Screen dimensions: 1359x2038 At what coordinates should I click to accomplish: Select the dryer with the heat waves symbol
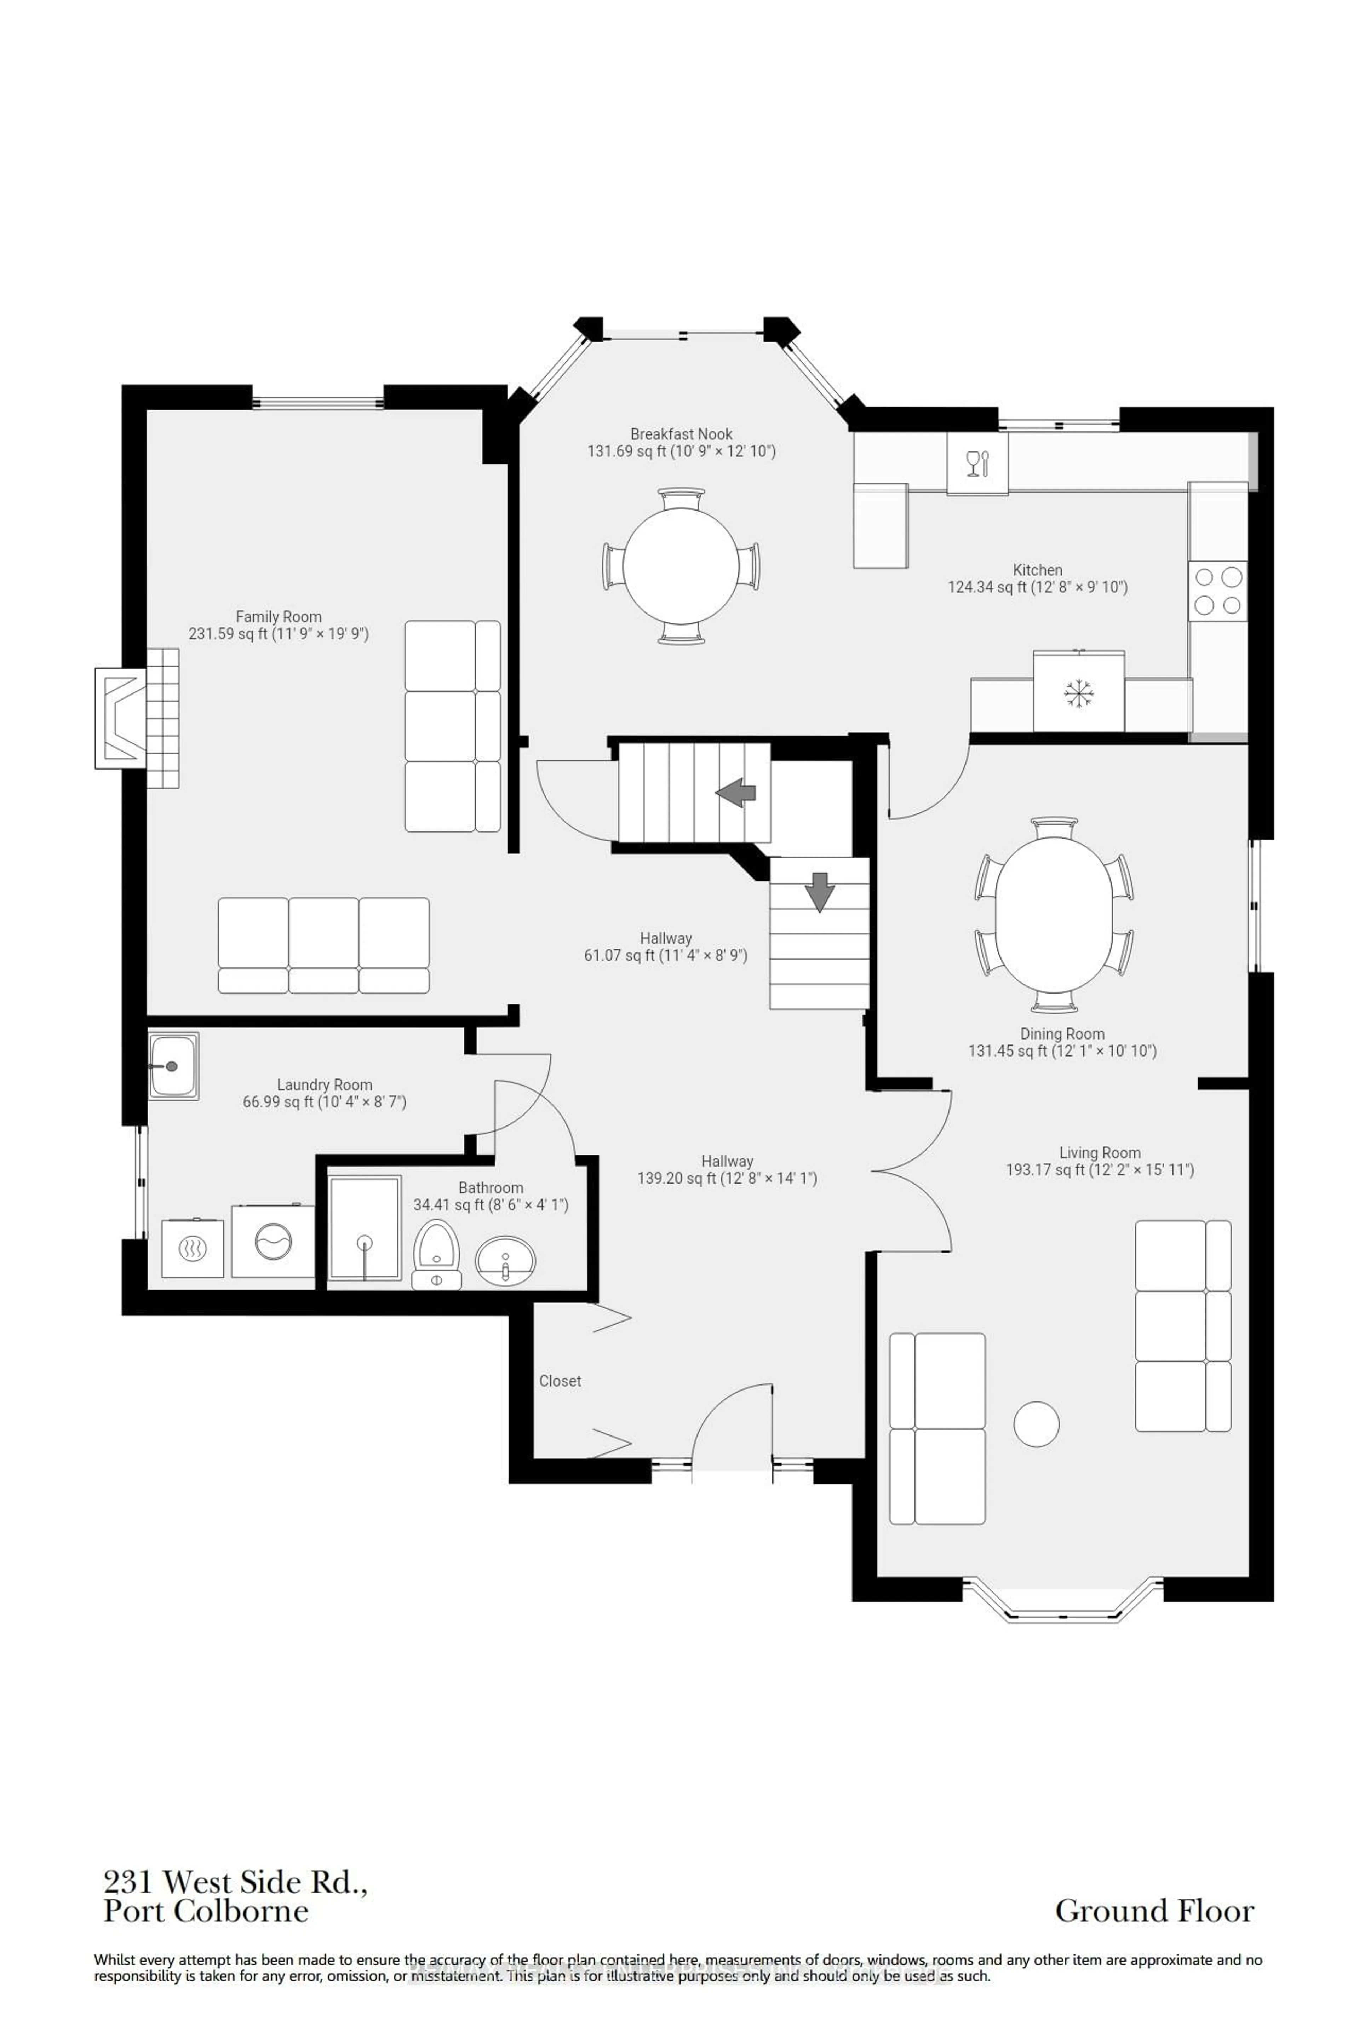click(193, 1249)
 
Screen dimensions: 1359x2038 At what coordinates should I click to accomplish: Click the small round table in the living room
click(1037, 1424)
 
